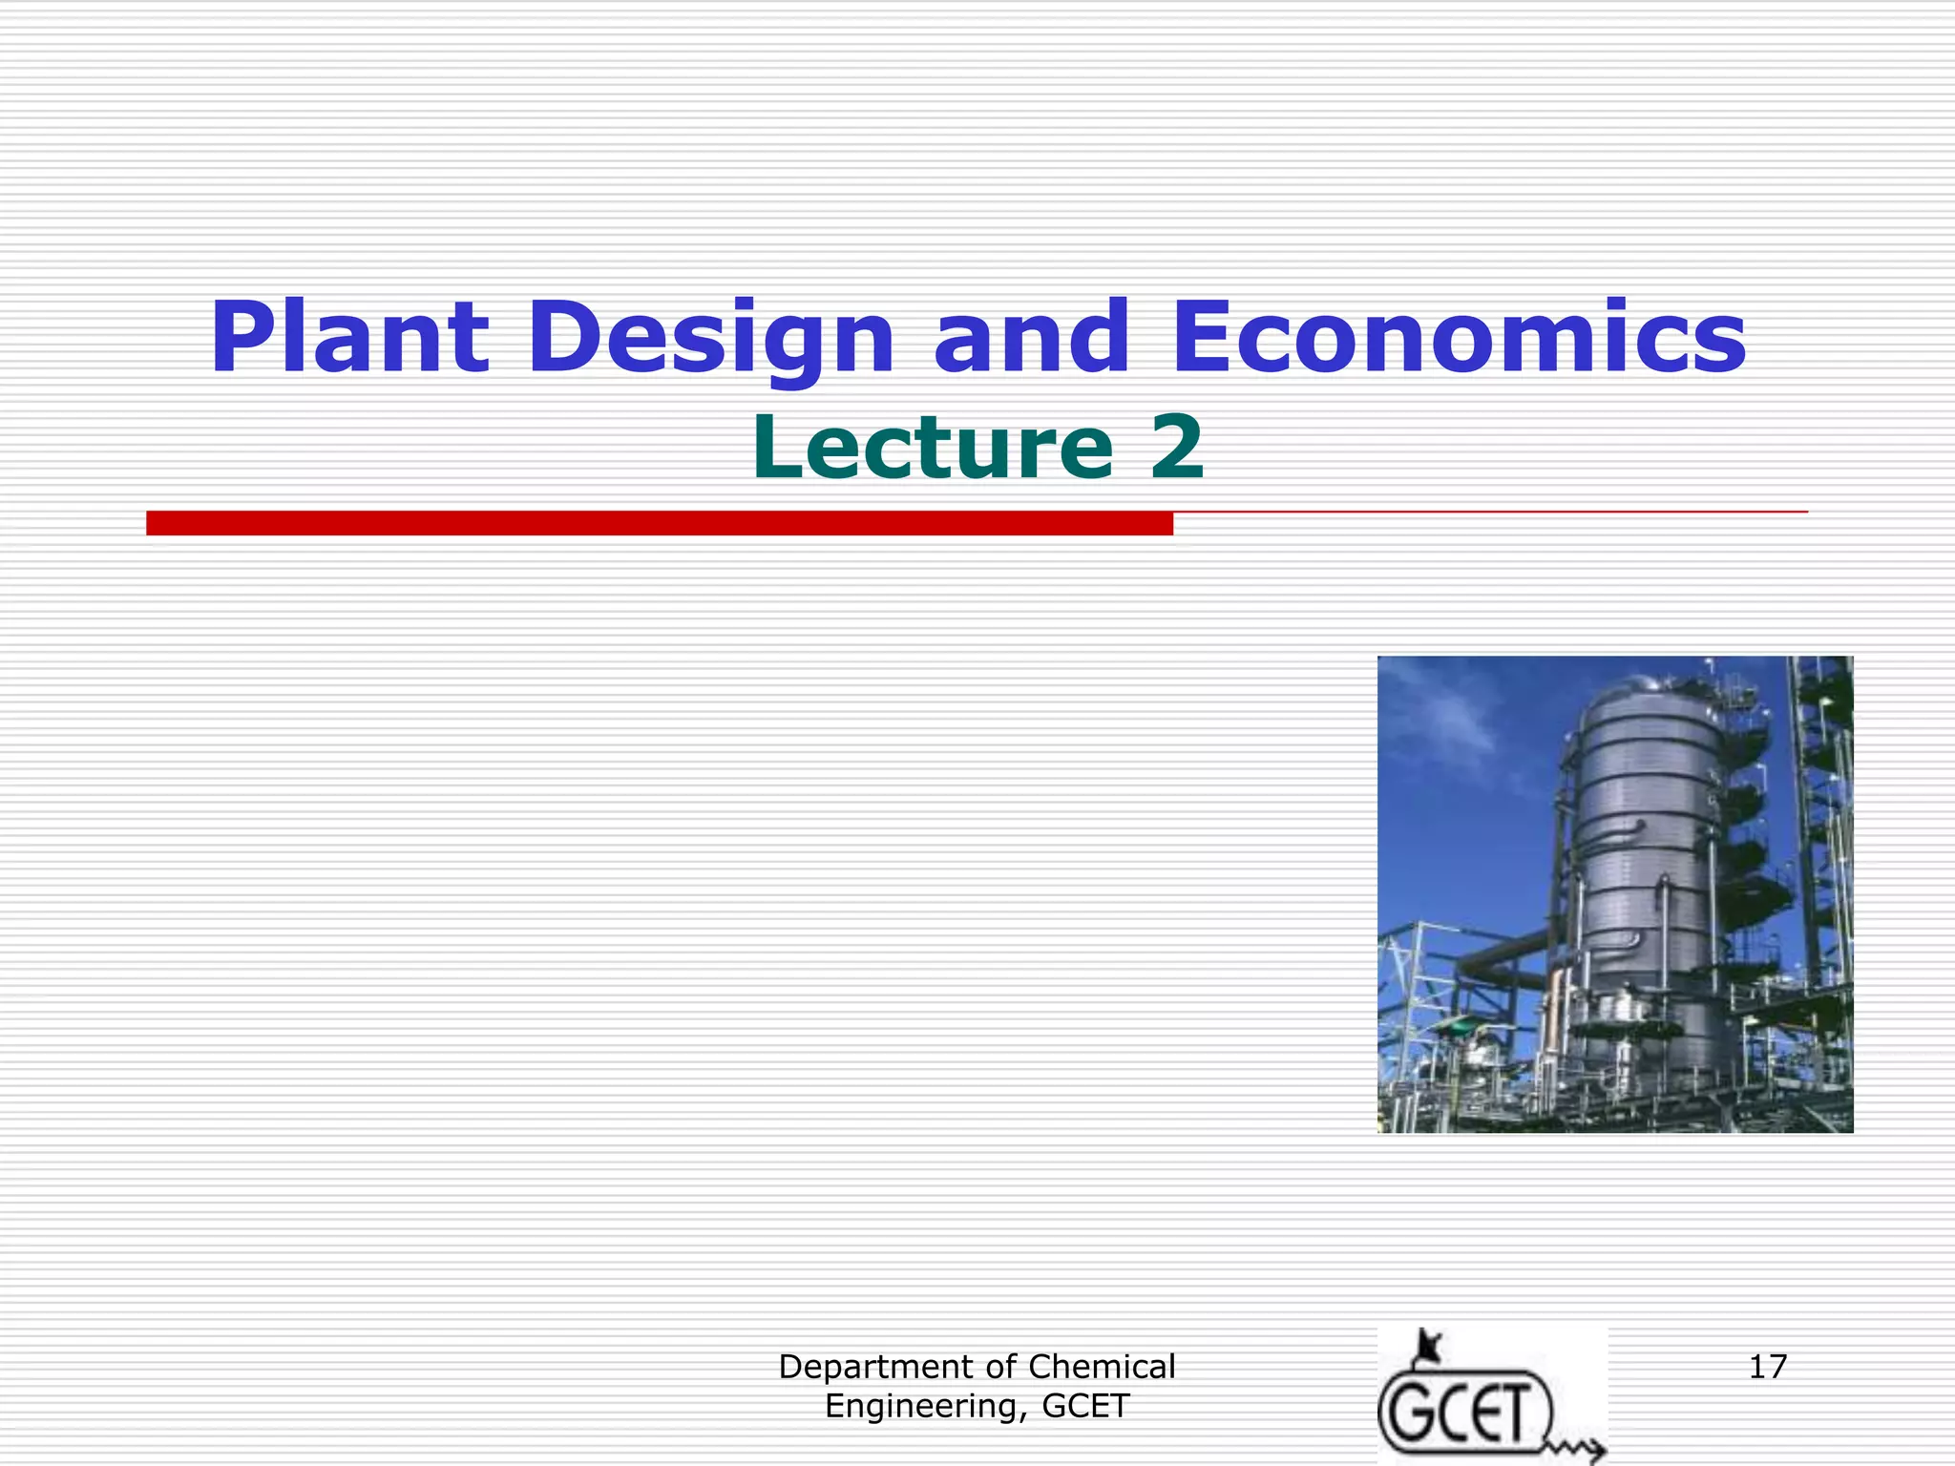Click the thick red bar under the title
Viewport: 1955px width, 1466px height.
pyautogui.click(x=659, y=523)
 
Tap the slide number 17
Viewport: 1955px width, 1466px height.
pyautogui.click(x=1767, y=1367)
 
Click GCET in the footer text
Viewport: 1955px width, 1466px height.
pyautogui.click(x=1085, y=1406)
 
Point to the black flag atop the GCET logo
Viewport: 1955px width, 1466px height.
pyautogui.click(x=1428, y=1347)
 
